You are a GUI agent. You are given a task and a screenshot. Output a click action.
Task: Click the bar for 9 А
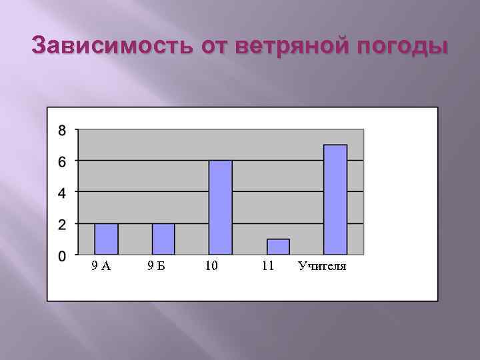(x=106, y=239)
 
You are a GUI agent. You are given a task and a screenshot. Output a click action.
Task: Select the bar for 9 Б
(x=163, y=239)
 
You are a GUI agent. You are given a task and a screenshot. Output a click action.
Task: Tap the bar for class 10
(x=221, y=207)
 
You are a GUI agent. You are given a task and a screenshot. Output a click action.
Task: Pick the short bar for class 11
(x=278, y=247)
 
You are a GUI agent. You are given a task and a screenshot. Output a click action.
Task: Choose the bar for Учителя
(x=335, y=199)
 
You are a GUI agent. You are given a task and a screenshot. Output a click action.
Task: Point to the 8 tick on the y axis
(x=62, y=131)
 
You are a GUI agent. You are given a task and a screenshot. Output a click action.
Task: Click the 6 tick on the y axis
(x=62, y=161)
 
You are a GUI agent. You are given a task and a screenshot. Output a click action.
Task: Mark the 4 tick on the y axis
(x=62, y=193)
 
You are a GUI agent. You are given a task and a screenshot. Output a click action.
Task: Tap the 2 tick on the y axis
(x=62, y=224)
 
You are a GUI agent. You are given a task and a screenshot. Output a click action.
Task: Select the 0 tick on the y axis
(x=62, y=255)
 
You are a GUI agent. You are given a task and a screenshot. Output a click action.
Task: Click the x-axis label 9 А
(x=101, y=267)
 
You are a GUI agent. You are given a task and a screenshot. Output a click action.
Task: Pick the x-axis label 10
(x=212, y=267)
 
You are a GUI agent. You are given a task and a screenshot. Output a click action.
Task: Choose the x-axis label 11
(x=269, y=267)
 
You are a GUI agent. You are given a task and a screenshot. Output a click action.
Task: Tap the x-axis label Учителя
(x=322, y=267)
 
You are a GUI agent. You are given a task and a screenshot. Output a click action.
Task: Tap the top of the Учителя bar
(x=335, y=145)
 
